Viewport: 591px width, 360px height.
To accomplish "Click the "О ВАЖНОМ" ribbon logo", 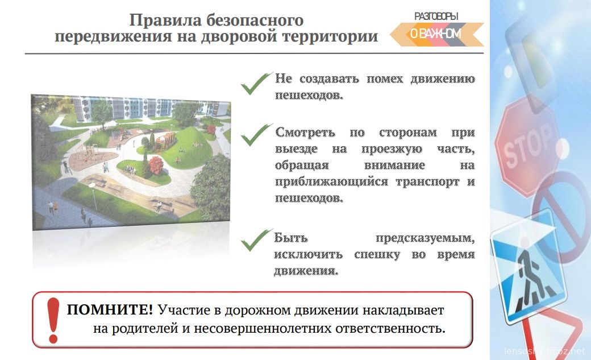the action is (x=436, y=34).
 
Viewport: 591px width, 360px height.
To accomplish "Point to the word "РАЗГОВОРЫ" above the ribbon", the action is (x=436, y=16).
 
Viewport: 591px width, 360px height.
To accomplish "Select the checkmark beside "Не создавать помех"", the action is (x=256, y=84).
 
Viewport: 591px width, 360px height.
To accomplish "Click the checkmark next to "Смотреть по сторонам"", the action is (x=256, y=135).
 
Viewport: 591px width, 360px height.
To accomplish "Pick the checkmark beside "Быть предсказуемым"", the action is (x=256, y=240).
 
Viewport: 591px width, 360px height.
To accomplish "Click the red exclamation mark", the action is (x=53, y=320).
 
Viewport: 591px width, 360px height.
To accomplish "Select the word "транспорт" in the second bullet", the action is (x=427, y=181).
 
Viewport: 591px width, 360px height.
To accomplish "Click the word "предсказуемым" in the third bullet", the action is (x=425, y=238).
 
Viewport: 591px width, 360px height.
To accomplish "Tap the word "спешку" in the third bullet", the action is (x=377, y=255).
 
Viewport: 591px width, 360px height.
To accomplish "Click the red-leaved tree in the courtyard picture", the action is (x=156, y=165).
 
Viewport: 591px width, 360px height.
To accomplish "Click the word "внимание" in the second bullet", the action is (x=394, y=165).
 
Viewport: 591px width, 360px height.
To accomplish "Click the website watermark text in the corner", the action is (x=545, y=351).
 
